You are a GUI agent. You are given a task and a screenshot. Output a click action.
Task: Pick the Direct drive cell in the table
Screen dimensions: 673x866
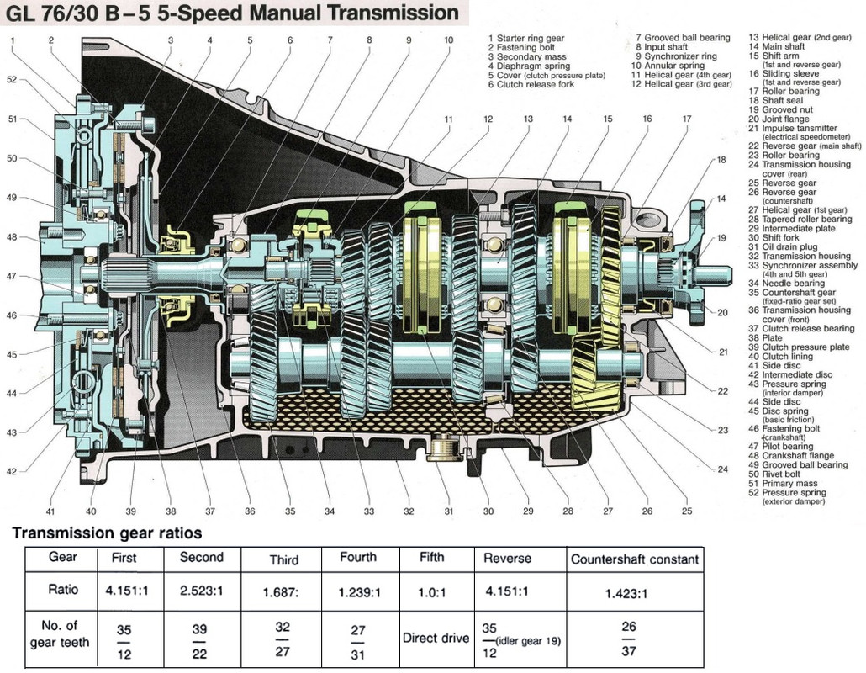pos(435,638)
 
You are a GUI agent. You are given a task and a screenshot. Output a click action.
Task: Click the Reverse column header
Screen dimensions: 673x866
pos(507,559)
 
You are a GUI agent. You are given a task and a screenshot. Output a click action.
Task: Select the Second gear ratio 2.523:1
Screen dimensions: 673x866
pos(203,592)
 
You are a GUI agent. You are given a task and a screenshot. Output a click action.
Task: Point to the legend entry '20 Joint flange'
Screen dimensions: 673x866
pos(781,119)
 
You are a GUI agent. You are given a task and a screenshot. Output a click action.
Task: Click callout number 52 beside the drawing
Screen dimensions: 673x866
pos(11,80)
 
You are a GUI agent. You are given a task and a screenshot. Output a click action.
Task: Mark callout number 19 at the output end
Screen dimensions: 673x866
pos(721,238)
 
